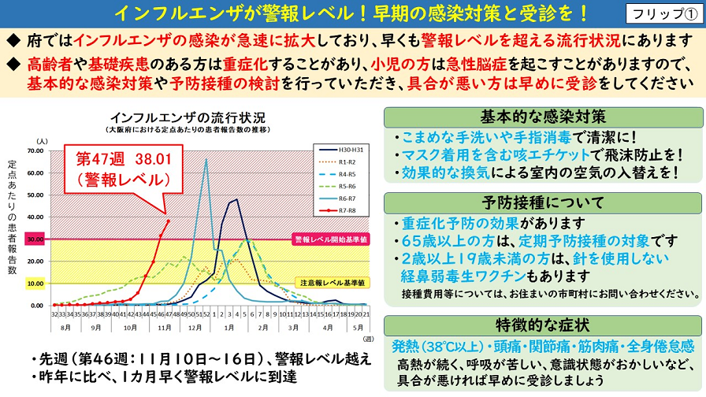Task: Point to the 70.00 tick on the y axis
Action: [35, 150]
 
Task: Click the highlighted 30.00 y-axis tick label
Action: [35, 239]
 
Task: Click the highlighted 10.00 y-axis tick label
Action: [35, 283]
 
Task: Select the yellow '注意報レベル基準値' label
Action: [331, 282]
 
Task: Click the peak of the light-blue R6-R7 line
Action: [206, 159]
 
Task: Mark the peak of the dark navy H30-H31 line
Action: [236, 199]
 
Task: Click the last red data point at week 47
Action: [168, 221]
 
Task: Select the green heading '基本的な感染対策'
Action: [543, 117]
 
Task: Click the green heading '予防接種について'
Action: [543, 202]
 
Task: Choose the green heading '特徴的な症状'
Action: [543, 325]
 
